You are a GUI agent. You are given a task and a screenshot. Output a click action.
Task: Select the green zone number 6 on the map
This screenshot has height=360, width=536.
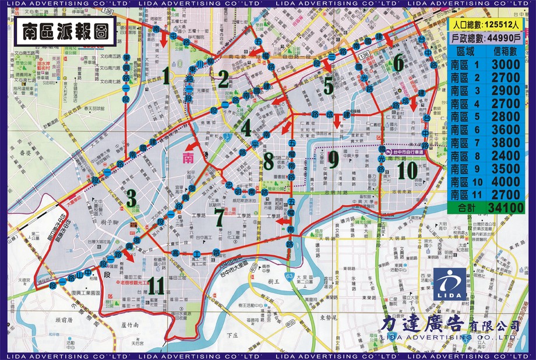click(398, 62)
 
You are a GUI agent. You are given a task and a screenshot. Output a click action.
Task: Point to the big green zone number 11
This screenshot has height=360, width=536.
click(156, 285)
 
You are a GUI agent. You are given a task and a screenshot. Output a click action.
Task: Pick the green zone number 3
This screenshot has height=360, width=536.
click(132, 198)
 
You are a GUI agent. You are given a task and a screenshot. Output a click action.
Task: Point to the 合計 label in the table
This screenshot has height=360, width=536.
click(468, 207)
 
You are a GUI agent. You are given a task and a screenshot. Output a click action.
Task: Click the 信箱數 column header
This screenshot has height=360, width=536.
click(502, 52)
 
